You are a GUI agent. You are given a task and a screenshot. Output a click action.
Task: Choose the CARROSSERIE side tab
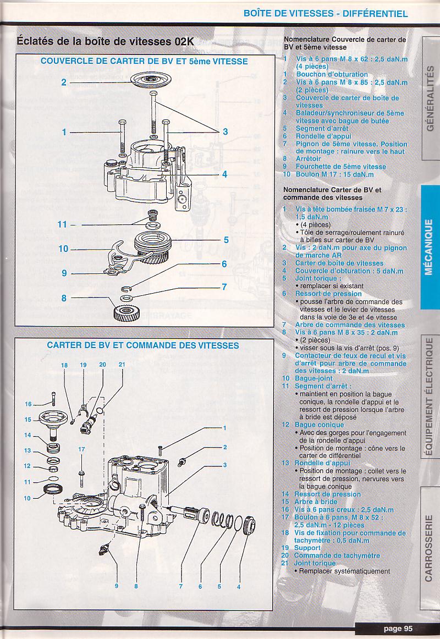point(430,548)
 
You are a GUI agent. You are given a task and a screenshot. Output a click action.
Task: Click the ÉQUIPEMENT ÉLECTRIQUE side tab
point(430,398)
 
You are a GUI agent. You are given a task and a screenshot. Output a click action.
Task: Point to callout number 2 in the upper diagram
point(64,82)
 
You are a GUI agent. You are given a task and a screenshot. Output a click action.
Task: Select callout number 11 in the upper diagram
point(62,224)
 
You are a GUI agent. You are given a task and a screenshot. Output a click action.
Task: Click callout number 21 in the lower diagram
point(122,365)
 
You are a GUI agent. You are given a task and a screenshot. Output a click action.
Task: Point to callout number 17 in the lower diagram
point(81,449)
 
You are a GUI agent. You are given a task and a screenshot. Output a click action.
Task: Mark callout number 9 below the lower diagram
point(117,586)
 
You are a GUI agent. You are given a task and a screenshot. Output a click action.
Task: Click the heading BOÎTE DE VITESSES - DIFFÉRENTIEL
point(326,13)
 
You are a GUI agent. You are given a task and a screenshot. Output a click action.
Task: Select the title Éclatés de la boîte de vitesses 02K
point(105,41)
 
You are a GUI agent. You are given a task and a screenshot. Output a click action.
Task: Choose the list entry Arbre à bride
point(316,502)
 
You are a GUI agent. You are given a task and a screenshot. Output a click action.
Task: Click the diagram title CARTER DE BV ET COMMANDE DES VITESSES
point(143,345)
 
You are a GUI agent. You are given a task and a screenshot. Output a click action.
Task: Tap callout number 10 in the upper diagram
point(64,249)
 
